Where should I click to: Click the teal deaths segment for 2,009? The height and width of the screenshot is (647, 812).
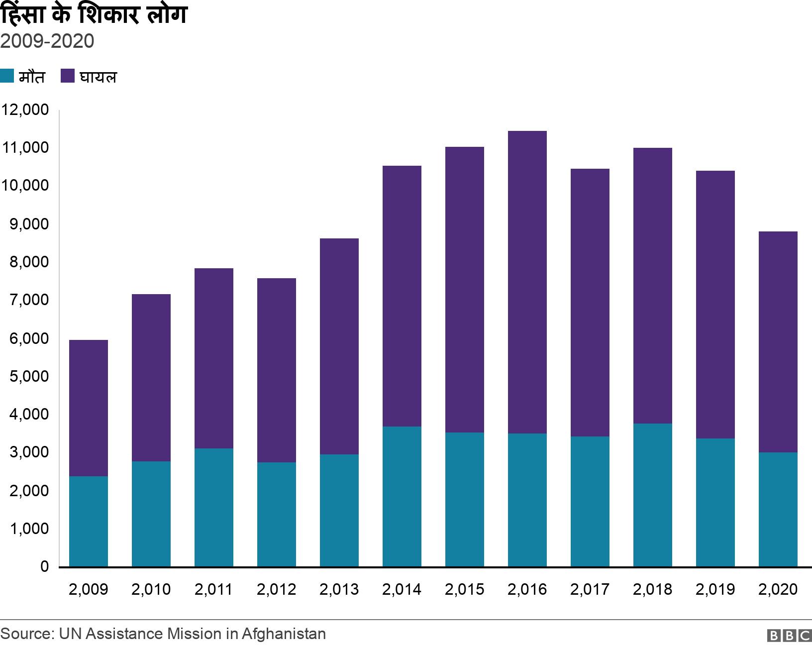point(89,522)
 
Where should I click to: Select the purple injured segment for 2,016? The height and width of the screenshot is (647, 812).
point(527,282)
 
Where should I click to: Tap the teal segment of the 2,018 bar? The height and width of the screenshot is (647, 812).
point(653,495)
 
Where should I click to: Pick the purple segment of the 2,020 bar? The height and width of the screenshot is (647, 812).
point(778,342)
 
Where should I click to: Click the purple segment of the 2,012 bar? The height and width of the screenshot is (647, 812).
point(277,370)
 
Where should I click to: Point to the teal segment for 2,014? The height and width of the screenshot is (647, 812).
point(402,497)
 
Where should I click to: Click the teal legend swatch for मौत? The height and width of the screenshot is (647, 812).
point(7,76)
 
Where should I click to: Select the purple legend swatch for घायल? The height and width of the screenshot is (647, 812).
point(68,76)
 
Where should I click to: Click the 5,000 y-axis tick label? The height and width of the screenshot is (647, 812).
point(29,376)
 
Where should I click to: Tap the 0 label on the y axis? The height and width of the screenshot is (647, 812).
point(44,567)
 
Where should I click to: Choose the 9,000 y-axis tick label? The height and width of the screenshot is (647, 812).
point(29,224)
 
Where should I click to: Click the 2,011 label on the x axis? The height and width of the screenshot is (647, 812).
point(214,589)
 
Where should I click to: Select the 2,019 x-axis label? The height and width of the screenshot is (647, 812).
point(715,589)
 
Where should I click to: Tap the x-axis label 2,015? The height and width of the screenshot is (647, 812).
point(465,589)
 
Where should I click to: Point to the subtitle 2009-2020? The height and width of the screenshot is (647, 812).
point(47,41)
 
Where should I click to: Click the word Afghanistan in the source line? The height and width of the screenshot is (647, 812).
point(284,634)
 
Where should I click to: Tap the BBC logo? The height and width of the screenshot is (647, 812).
point(790,636)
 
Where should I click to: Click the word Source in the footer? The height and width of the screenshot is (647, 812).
point(26,634)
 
